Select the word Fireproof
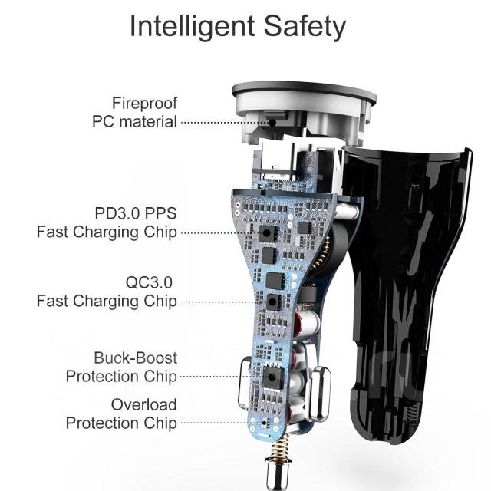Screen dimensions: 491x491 pyautogui.click(x=144, y=103)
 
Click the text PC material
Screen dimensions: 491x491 pyautogui.click(x=134, y=121)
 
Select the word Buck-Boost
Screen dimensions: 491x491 pyautogui.click(x=135, y=358)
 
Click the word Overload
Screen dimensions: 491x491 pyautogui.click(x=143, y=404)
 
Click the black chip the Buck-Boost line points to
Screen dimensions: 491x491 pyautogui.click(x=270, y=377)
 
